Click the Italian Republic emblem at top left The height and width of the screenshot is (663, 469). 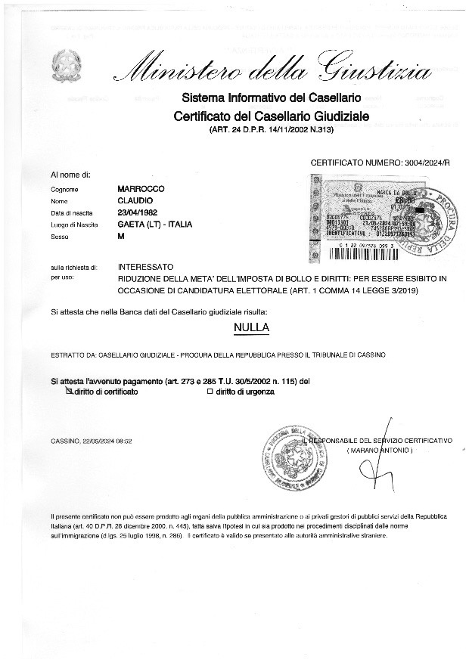pyautogui.click(x=66, y=67)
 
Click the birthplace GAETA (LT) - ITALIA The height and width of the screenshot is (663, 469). pyautogui.click(x=156, y=225)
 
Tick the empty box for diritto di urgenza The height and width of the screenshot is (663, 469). pyautogui.click(x=210, y=392)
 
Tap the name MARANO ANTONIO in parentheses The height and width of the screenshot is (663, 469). pyautogui.click(x=380, y=451)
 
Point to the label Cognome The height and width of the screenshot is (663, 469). pyautogui.click(x=64, y=190)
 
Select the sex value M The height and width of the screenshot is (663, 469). pyautogui.click(x=123, y=237)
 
